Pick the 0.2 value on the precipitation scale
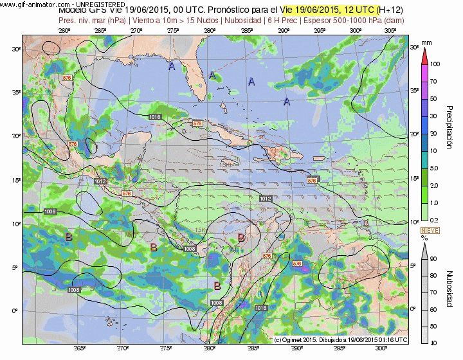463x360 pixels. (x=434, y=221)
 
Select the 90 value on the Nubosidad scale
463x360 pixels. (x=434, y=258)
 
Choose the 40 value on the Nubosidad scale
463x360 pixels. (x=434, y=341)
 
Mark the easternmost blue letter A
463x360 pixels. (x=287, y=102)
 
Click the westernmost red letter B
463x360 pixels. (x=69, y=237)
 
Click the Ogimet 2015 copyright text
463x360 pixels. (x=341, y=339)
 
